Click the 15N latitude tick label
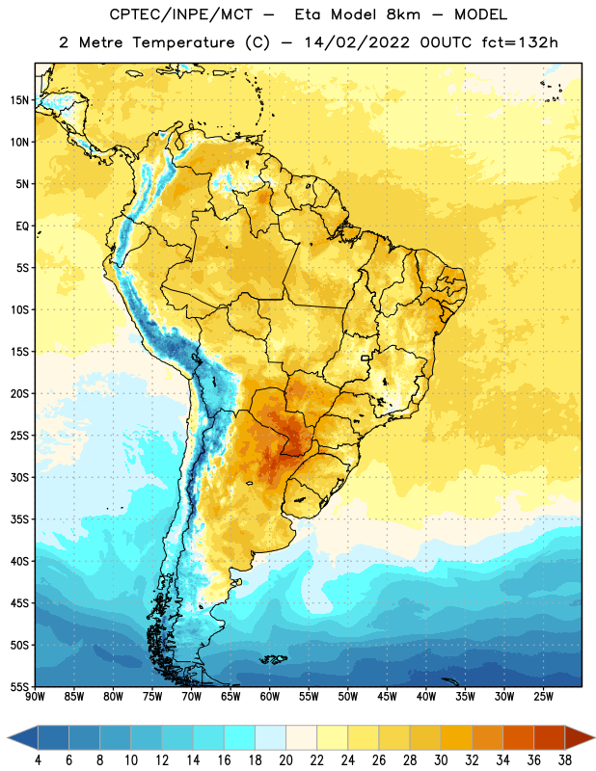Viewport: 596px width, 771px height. [19, 100]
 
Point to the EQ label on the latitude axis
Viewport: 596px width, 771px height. [22, 226]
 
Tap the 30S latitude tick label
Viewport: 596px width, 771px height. [19, 477]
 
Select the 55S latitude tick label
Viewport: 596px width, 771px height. [19, 686]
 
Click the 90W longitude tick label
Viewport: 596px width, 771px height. [35, 697]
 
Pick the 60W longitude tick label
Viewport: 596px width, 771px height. [270, 697]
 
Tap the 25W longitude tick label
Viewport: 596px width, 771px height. [543, 697]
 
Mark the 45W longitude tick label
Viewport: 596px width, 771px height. [387, 697]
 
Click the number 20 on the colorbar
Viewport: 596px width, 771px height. [285, 760]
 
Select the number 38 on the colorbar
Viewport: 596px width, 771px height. [565, 760]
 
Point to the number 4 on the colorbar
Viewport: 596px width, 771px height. [38, 760]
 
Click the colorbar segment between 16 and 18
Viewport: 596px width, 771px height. [239, 737]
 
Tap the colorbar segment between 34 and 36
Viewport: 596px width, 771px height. [518, 737]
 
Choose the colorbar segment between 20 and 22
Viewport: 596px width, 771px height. [301, 737]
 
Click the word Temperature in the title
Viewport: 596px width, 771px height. [183, 42]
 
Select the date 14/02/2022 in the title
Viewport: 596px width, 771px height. [357, 42]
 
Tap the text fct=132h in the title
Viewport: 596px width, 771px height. [520, 42]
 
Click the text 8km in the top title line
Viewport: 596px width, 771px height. [403, 14]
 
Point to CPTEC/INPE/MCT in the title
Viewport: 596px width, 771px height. [181, 14]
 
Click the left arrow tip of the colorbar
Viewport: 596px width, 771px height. [8, 737]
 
